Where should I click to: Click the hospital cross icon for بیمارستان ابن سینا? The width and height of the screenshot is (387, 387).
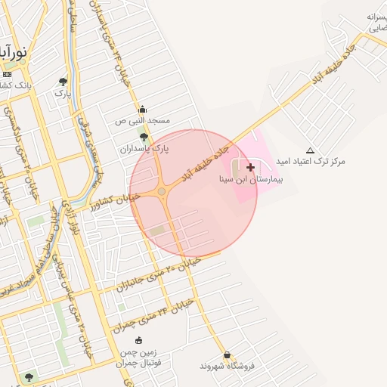[250, 166]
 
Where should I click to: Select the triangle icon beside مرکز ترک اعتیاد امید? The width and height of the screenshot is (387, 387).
[310, 150]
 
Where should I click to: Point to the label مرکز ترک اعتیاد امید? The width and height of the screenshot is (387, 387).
[310, 162]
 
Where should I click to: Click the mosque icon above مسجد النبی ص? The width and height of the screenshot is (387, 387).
[142, 109]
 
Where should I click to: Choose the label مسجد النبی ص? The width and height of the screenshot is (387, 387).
[142, 121]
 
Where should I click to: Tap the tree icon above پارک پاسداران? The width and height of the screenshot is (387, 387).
[144, 137]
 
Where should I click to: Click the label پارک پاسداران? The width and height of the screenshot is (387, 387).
[144, 149]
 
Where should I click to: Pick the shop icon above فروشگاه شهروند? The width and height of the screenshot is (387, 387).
[227, 354]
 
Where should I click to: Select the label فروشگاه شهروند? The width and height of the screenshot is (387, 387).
[228, 367]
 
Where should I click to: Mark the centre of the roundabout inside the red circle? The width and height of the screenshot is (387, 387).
[162, 192]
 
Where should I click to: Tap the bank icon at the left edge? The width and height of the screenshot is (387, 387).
[7, 74]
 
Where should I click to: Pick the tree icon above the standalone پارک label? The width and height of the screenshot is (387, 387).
[63, 81]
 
